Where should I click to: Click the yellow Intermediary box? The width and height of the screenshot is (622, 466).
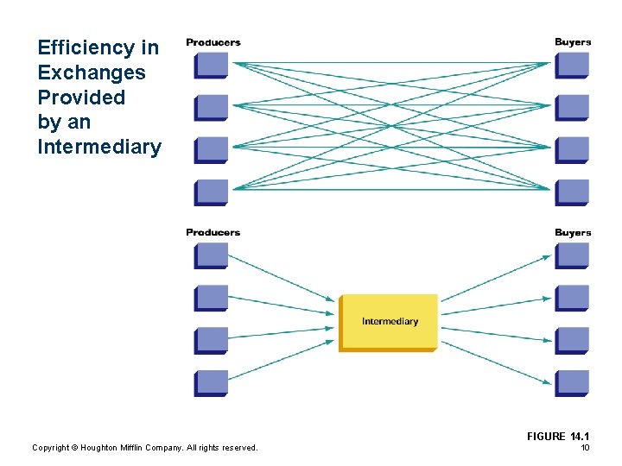(x=389, y=322)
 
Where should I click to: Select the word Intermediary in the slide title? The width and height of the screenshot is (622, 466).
(x=99, y=147)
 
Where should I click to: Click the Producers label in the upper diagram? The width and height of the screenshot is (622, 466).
(x=213, y=42)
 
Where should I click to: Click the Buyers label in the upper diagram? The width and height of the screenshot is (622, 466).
(x=573, y=42)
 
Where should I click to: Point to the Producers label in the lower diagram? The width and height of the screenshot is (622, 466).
(x=213, y=232)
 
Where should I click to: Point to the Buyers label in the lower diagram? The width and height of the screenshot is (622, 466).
(x=573, y=232)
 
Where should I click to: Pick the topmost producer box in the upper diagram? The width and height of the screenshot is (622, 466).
(x=212, y=66)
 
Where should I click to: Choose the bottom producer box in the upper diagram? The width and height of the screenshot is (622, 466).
(x=212, y=192)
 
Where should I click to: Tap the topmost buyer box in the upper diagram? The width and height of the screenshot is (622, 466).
(x=571, y=66)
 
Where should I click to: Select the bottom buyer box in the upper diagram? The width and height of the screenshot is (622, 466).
(x=571, y=192)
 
